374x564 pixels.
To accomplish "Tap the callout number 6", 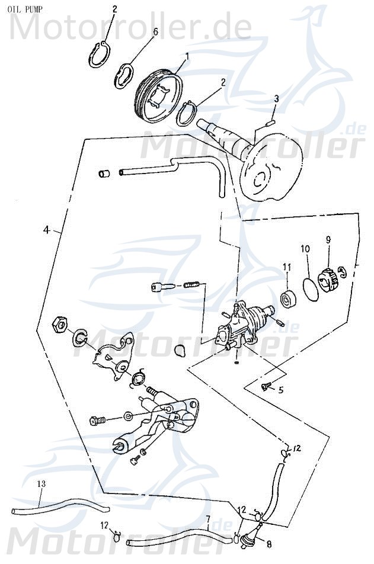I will click(155, 31).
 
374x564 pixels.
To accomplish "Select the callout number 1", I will click(187, 56).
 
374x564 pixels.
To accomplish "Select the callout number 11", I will click(286, 267).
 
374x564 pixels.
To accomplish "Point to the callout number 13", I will click(40, 484).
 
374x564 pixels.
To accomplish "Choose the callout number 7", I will click(207, 520).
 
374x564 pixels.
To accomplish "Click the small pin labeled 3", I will click(269, 124).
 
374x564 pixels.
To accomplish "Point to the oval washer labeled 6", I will click(123, 75).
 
